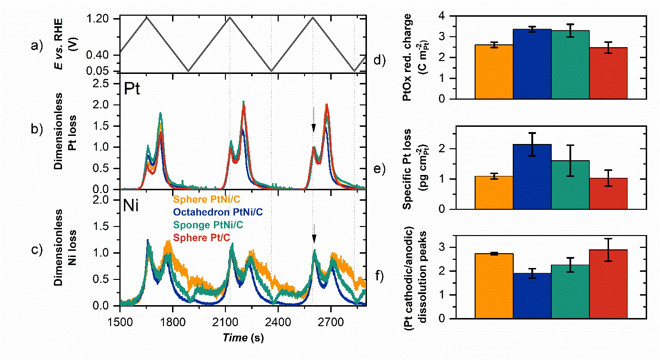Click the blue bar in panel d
click(532, 64)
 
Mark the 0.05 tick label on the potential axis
click(105, 72)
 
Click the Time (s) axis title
click(241, 338)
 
